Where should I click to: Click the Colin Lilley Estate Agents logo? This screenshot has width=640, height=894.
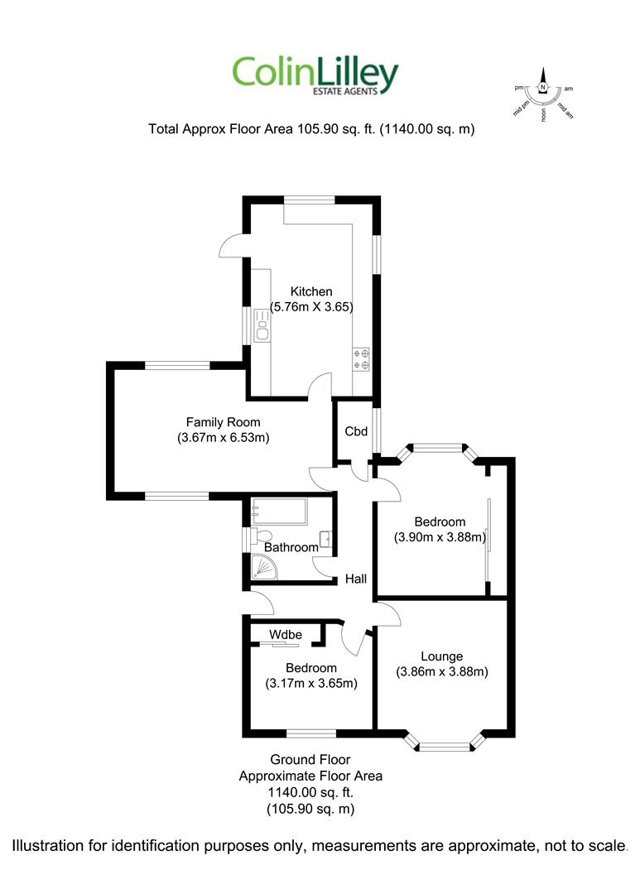(x=315, y=75)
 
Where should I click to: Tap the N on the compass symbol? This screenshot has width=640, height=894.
(x=543, y=87)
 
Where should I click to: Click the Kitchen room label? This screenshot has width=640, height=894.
(x=310, y=291)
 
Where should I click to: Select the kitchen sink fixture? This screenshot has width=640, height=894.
(x=262, y=325)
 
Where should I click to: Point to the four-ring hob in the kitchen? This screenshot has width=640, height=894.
(x=361, y=358)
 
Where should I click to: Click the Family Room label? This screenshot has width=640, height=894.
(x=223, y=422)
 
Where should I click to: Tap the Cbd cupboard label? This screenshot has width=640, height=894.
(x=356, y=431)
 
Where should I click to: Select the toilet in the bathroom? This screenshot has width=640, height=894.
(x=262, y=536)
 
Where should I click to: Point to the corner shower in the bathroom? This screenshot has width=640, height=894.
(x=263, y=567)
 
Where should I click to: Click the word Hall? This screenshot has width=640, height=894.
(x=356, y=579)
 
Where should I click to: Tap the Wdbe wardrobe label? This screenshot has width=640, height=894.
(x=286, y=635)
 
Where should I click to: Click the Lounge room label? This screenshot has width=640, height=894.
(x=441, y=656)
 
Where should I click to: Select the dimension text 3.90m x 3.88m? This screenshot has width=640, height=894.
(x=440, y=537)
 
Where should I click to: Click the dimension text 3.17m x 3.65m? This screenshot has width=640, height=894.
(x=311, y=683)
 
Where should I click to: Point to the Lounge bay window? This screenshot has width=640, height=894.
(x=445, y=741)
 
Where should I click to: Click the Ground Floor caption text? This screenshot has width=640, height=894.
(x=310, y=759)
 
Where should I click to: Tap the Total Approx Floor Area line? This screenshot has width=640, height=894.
(x=311, y=129)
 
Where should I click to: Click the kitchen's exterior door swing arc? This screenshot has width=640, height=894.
(x=230, y=246)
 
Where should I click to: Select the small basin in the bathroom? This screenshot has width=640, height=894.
(x=325, y=539)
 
